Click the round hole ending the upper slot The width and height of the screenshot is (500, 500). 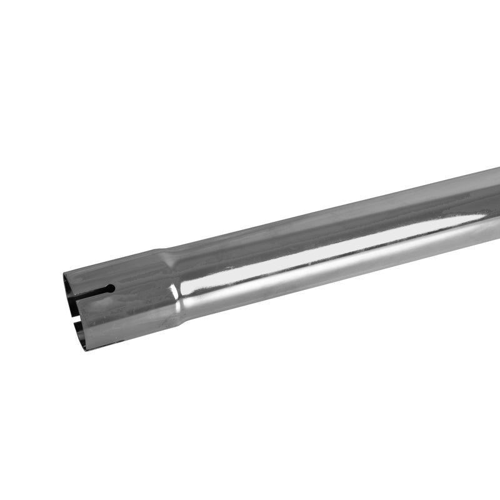[110, 289]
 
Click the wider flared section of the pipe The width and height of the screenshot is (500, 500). [125, 306]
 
